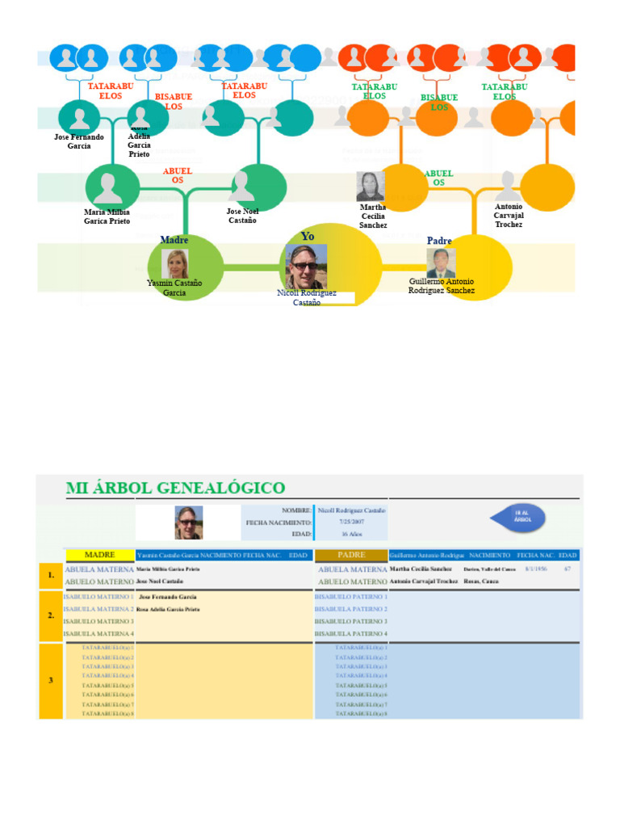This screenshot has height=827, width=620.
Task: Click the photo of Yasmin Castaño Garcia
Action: click(175, 264)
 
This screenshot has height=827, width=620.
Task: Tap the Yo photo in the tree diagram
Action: click(306, 267)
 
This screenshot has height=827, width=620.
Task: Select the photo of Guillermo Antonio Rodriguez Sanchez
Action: click(441, 262)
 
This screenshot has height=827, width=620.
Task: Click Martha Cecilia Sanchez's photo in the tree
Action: click(371, 187)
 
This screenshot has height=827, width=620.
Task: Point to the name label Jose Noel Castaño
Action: click(242, 216)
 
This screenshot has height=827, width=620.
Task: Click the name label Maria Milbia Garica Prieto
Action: click(107, 216)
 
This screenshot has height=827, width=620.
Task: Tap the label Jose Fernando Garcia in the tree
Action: click(79, 141)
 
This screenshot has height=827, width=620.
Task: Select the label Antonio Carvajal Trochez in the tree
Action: click(509, 215)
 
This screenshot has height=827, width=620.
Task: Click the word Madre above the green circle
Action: click(174, 240)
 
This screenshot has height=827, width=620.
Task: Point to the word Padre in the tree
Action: click(439, 241)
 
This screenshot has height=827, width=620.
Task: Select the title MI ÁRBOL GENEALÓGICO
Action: click(175, 488)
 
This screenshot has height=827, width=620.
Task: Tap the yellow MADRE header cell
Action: click(100, 555)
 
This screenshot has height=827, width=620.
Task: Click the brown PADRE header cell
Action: click(351, 555)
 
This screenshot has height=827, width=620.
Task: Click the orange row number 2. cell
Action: click(51, 615)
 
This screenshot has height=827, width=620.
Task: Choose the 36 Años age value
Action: click(352, 534)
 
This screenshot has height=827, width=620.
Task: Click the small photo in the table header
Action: click(189, 523)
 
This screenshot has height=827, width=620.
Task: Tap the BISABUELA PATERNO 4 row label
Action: click(351, 634)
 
